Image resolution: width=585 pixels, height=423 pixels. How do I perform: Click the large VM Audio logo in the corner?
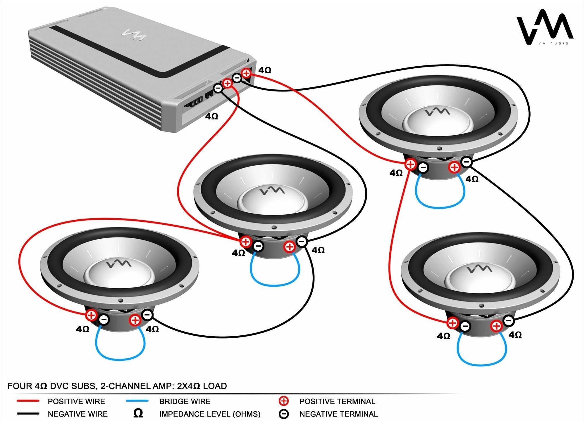545,28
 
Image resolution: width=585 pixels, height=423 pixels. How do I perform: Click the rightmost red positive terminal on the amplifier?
246,73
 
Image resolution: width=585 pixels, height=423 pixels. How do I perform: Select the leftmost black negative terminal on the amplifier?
218,88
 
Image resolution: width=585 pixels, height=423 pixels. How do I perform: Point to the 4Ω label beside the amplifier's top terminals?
265,70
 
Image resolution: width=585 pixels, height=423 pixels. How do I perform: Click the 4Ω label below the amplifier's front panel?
211,117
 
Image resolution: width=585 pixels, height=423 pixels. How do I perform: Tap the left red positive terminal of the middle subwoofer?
245,242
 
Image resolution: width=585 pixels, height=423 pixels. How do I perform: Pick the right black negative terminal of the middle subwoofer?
302,241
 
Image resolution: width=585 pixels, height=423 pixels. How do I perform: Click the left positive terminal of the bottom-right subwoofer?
452,323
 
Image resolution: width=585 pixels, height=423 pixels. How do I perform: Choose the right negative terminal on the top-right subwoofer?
466,162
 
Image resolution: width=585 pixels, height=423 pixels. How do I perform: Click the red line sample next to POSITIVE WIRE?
28,401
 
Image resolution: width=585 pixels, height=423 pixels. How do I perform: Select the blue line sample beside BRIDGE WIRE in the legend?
137,401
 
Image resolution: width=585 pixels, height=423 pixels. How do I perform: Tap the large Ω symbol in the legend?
138,413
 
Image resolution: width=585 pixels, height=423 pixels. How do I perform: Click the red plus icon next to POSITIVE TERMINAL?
283,401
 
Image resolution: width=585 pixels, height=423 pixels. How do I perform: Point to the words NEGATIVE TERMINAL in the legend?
338,414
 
